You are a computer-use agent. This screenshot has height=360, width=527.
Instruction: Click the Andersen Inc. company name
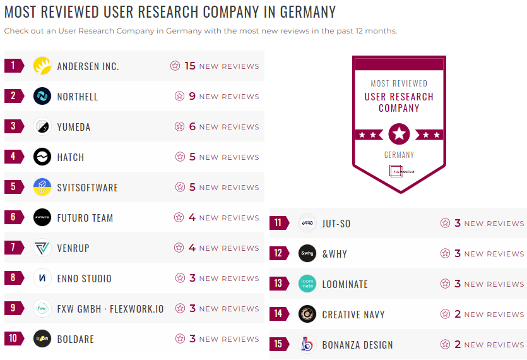click(88, 66)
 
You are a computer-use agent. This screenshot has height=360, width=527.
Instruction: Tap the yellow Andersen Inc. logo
click(42, 66)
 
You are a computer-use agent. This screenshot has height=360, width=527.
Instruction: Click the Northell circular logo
click(42, 96)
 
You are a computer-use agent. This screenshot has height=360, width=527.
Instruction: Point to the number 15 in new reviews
click(190, 66)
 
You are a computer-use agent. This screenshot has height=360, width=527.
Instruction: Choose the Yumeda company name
click(74, 127)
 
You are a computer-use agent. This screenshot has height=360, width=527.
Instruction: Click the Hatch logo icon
click(42, 157)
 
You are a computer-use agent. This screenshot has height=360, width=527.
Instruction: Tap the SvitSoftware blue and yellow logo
click(42, 187)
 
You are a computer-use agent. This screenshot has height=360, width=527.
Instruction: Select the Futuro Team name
click(85, 218)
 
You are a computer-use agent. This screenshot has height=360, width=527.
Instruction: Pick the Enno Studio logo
click(42, 278)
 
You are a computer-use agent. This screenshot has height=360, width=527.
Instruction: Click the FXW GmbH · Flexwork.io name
click(110, 309)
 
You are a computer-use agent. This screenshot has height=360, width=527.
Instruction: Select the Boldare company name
click(76, 339)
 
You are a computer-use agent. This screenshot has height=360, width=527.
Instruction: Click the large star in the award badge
click(399, 134)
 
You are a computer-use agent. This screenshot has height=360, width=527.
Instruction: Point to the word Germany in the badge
click(399, 155)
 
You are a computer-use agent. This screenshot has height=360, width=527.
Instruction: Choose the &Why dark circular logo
click(307, 253)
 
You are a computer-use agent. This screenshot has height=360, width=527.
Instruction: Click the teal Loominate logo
click(307, 284)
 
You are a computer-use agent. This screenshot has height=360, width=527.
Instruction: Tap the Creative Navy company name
click(353, 315)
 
